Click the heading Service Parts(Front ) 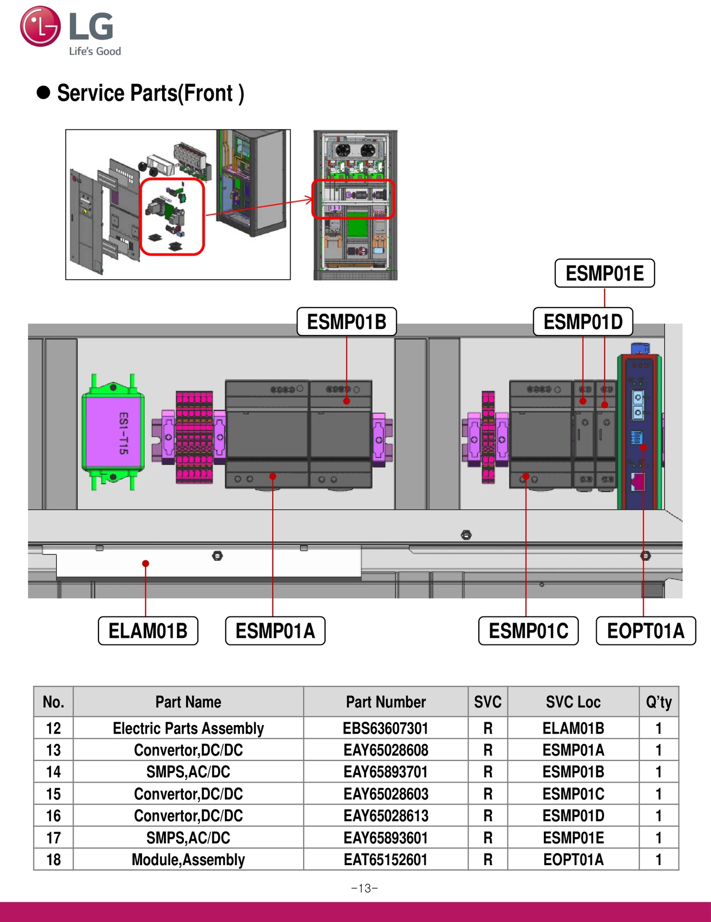coord(150,93)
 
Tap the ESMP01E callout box coord(604,273)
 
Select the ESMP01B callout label coord(347,322)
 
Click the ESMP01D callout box coord(583,322)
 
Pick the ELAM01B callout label coord(148,631)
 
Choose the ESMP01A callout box coord(275,631)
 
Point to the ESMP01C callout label coord(528,631)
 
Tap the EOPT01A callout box coord(646,631)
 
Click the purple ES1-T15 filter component coord(113,433)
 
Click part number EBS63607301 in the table coord(385,728)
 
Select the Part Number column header coord(385,702)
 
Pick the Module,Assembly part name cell coord(188,859)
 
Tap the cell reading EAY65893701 coord(385,772)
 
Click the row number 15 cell coord(53,794)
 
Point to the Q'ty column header coord(659,702)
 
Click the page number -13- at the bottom coord(364,888)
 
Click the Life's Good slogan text coord(95,51)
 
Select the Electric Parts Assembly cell coord(188,728)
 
